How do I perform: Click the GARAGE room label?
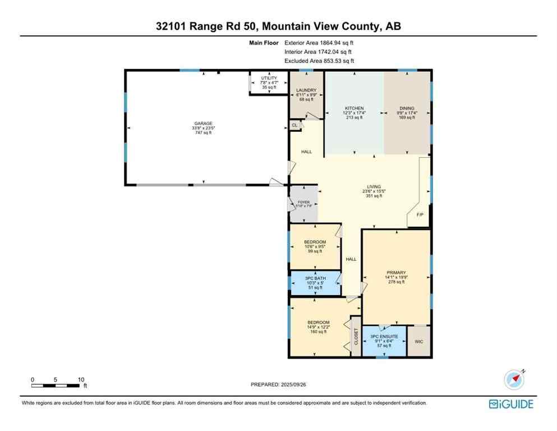click(203, 123)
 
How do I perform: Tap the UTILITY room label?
click(269, 79)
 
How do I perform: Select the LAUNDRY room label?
click(306, 90)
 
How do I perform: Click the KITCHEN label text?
click(354, 108)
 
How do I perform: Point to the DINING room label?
click(407, 108)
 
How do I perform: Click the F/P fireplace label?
click(419, 215)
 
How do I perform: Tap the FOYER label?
click(303, 203)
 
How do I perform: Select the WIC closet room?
click(418, 341)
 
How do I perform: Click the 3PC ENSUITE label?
click(384, 336)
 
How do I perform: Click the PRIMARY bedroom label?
click(396, 273)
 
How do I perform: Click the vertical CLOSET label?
click(355, 337)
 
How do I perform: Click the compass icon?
click(514, 380)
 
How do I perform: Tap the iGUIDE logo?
click(510, 404)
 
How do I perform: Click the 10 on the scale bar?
click(81, 379)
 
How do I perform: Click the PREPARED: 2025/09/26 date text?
click(278, 384)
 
